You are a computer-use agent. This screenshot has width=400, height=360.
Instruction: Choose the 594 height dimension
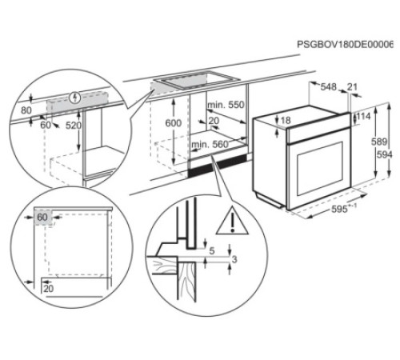(386, 154)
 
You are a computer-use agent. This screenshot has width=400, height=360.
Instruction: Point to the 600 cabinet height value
(173, 123)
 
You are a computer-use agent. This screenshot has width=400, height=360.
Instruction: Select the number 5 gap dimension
(211, 250)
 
